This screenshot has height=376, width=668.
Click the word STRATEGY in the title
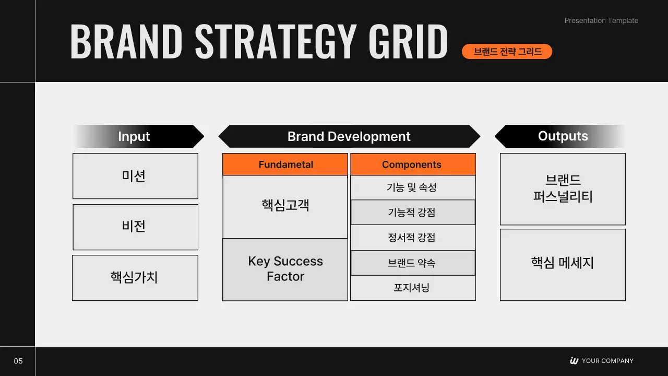(276, 41)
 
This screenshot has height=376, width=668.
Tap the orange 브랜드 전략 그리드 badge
(507, 51)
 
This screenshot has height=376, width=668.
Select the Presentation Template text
(601, 20)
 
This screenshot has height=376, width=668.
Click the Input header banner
(139, 136)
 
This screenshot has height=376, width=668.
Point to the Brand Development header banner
(349, 136)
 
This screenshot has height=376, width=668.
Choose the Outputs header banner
(560, 136)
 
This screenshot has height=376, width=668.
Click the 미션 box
(135, 176)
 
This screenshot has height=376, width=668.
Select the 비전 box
(135, 227)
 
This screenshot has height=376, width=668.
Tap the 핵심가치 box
(135, 278)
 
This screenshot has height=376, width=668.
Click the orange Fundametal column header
(285, 164)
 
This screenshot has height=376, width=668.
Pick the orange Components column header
(413, 164)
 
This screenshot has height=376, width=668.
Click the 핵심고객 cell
(285, 207)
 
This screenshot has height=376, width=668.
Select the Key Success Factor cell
(285, 269)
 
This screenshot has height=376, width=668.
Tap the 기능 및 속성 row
(413, 187)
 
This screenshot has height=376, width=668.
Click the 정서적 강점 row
(413, 238)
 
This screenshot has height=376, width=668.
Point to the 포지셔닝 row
(413, 288)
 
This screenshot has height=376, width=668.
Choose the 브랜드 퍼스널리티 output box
(563, 189)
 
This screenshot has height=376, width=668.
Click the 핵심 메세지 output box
(563, 265)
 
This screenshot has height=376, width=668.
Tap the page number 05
(18, 361)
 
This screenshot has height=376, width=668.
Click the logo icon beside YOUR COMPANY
(574, 360)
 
